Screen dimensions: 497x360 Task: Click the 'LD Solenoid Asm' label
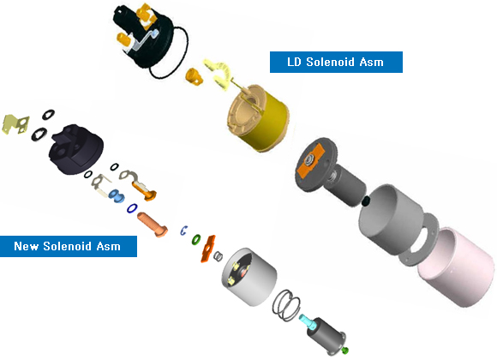pos(336,62)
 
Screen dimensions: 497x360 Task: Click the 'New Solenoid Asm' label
pos(69,246)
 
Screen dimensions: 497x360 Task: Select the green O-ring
pos(196,239)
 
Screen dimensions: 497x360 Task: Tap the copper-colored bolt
pos(153,225)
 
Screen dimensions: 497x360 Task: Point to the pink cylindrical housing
pos(457,267)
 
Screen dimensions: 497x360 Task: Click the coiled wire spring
pos(286,305)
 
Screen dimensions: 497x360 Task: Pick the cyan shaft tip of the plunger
pos(307,321)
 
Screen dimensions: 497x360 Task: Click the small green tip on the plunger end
pos(345,351)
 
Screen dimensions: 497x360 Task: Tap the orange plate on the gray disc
pos(310,161)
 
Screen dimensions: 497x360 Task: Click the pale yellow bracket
pos(15,124)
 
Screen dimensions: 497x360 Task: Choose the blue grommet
pos(117,195)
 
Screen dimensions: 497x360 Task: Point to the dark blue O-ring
pos(132,208)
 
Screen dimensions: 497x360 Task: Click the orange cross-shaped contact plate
pos(207,249)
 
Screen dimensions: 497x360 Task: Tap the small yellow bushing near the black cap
pos(194,76)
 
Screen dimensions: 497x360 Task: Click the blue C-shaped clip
pos(183,231)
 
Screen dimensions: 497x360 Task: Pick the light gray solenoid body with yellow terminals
pos(248,277)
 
